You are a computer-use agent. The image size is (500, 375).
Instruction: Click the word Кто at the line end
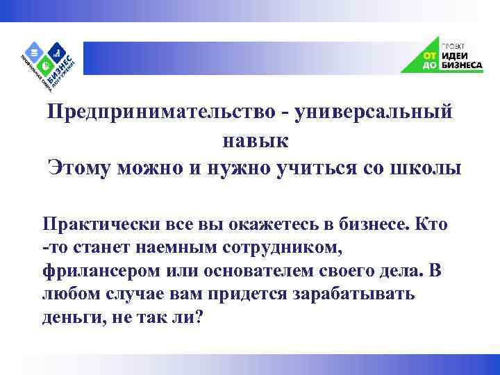tap(431, 225)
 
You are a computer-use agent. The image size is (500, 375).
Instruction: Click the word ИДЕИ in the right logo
tap(456, 54)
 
